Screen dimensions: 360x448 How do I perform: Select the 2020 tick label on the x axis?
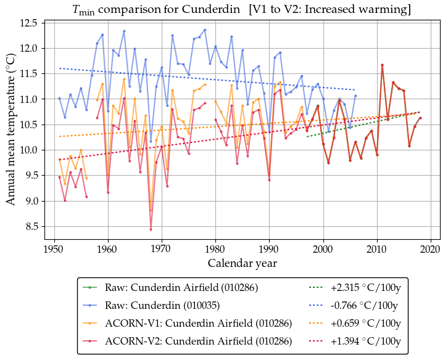coord(430,249)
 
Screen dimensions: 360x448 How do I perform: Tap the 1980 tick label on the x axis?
coord(215,249)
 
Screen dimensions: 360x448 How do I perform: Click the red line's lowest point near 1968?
coord(151,229)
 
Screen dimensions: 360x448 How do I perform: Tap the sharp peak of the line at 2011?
coord(382,65)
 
